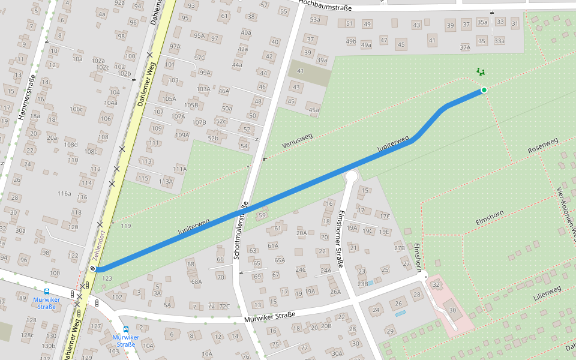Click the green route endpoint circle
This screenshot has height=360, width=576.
(484, 90)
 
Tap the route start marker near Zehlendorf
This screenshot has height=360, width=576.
(93, 269)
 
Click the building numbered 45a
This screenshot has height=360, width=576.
(313, 110)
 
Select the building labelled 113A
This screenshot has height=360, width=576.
(166, 181)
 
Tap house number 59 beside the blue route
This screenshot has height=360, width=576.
(262, 215)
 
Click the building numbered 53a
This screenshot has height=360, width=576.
(315, 20)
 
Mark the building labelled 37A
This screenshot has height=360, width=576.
(465, 47)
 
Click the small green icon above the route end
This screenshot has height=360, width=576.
(480, 71)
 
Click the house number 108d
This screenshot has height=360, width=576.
(71, 145)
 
